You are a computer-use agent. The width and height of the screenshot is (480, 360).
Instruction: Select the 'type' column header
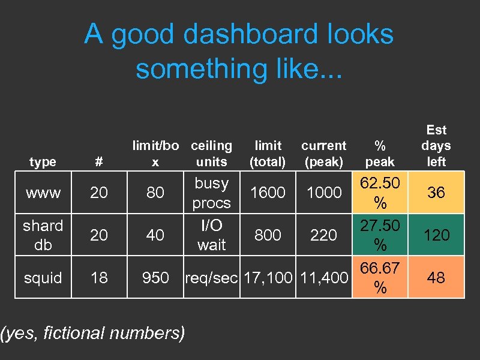(43, 162)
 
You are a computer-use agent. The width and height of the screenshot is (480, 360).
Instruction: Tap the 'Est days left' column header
(436, 146)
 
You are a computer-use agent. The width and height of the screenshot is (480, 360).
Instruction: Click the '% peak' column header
(380, 154)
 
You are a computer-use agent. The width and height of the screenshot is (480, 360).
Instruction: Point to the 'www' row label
(43, 193)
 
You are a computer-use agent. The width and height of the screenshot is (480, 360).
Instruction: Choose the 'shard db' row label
(43, 235)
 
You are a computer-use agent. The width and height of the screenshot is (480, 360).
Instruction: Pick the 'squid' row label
(43, 278)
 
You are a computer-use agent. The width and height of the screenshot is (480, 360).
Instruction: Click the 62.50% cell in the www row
(380, 193)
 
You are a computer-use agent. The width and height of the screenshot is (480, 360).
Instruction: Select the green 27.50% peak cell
(380, 235)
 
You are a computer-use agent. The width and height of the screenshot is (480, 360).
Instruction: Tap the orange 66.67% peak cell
(380, 278)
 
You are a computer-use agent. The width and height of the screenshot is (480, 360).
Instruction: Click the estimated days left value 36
(436, 193)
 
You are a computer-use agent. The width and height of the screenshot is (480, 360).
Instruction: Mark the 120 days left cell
(436, 235)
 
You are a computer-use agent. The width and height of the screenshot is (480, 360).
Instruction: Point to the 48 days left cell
(436, 278)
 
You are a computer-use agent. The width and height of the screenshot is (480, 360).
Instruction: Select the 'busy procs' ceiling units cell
(211, 193)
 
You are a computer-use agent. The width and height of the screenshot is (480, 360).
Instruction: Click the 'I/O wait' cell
(211, 235)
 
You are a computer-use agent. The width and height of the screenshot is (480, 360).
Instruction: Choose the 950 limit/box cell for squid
(155, 278)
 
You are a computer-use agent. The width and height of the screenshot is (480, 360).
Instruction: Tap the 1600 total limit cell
(268, 193)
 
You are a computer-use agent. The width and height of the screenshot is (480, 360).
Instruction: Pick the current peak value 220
(323, 235)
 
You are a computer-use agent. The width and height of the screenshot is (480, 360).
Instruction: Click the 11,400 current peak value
(323, 278)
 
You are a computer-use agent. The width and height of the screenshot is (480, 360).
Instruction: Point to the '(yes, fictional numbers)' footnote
(93, 332)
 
